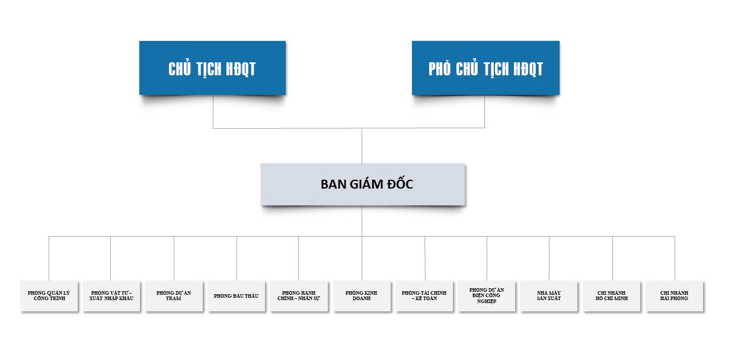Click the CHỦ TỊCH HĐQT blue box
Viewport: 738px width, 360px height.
point(212,68)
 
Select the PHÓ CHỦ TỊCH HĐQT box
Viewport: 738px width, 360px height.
point(485,68)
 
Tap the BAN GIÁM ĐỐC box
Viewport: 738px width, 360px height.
point(362,184)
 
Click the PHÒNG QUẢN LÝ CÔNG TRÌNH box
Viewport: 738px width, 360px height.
point(49,296)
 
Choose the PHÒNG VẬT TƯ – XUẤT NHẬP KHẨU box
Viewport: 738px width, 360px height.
point(111,296)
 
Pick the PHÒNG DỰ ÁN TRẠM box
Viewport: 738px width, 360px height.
point(174,296)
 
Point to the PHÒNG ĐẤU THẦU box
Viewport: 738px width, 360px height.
point(237,296)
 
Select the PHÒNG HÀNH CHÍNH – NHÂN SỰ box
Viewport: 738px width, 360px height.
point(299,296)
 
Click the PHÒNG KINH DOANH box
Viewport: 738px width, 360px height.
point(362,296)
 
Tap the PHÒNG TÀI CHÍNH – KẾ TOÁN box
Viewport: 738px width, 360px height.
point(424,296)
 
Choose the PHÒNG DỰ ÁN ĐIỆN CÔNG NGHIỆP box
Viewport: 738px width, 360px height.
point(487,296)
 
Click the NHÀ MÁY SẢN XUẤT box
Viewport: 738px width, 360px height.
point(549,296)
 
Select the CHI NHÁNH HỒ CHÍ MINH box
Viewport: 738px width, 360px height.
point(612,296)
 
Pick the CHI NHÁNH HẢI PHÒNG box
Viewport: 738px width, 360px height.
point(675,296)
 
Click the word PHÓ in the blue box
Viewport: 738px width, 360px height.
point(439,69)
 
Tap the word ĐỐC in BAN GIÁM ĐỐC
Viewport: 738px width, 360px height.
point(400,183)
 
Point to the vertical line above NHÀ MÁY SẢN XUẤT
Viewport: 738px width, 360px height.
point(549,259)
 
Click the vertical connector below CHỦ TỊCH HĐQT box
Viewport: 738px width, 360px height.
point(213,111)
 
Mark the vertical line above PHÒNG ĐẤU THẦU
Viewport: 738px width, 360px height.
point(237,259)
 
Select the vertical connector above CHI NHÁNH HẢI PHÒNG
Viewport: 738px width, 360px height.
point(675,259)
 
